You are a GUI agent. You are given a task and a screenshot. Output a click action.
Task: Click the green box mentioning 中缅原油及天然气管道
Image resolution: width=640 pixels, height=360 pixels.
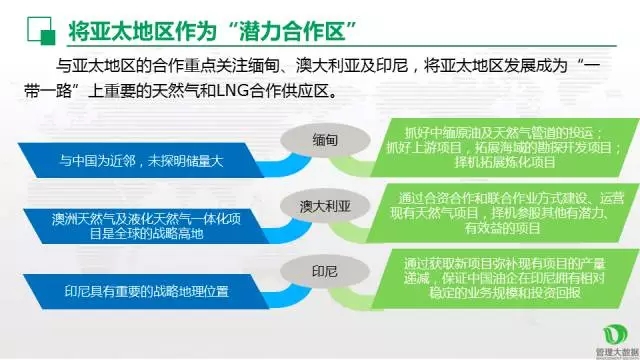click(500, 148)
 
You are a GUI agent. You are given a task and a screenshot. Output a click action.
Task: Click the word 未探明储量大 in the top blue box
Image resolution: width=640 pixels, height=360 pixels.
click(188, 159)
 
